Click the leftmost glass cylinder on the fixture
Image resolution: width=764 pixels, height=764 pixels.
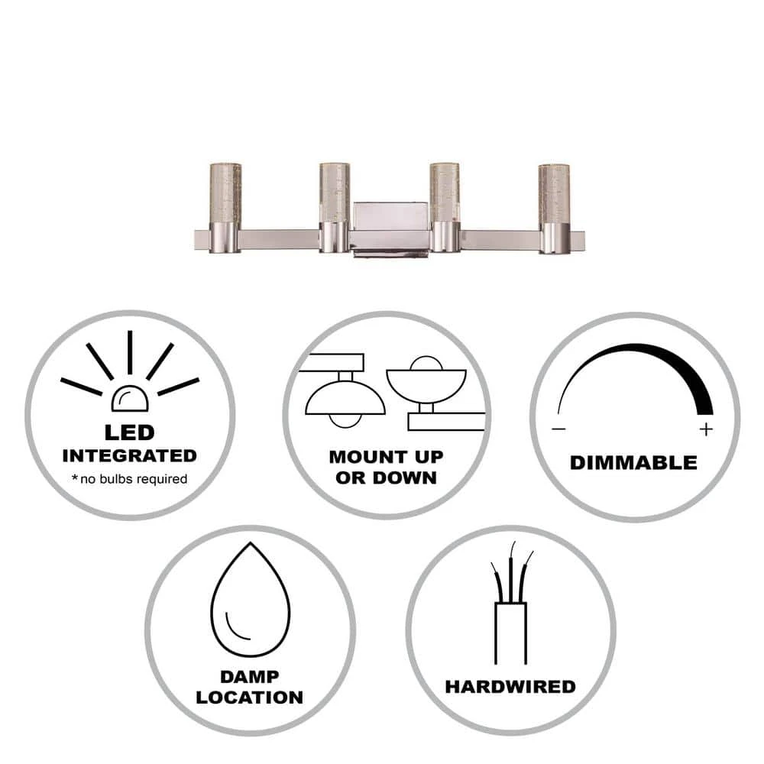225,193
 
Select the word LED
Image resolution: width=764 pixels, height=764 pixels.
130,432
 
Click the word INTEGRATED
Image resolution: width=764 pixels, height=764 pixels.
130,456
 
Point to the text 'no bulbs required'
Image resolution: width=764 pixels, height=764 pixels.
134,479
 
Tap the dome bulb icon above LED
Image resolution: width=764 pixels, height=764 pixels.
130,399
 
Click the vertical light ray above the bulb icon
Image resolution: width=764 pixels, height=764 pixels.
130,353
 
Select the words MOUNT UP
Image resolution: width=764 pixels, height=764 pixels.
387,457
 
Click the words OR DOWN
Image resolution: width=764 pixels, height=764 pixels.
386,478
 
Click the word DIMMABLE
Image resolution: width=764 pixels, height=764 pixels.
633,463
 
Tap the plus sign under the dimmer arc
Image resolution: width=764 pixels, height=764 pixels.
706,429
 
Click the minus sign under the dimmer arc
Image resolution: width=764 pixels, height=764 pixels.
559,429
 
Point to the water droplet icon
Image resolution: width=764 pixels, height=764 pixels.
251,599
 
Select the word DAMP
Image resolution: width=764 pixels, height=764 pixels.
250,677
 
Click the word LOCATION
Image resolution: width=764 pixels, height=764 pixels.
250,698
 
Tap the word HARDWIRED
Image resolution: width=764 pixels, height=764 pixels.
510,687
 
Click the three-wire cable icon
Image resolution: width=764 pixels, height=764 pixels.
510,604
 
